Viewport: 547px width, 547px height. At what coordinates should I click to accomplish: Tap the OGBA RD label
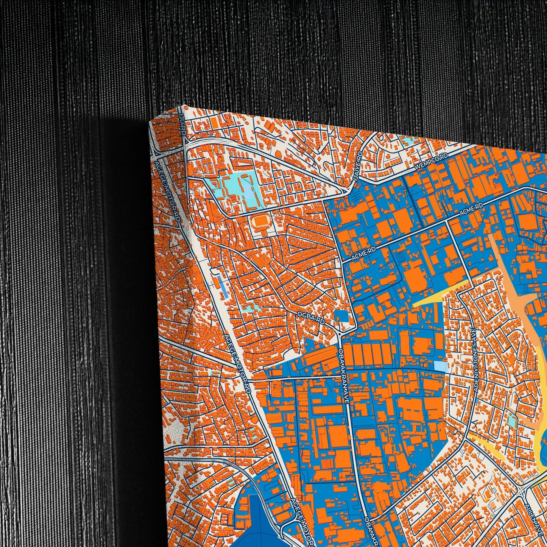[x=312, y=318]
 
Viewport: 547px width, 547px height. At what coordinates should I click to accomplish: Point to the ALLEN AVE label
[x=534, y=515]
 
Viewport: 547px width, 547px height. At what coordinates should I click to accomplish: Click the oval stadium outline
[x=259, y=220]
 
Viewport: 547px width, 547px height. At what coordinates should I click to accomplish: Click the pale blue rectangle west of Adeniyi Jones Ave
[x=440, y=366]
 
